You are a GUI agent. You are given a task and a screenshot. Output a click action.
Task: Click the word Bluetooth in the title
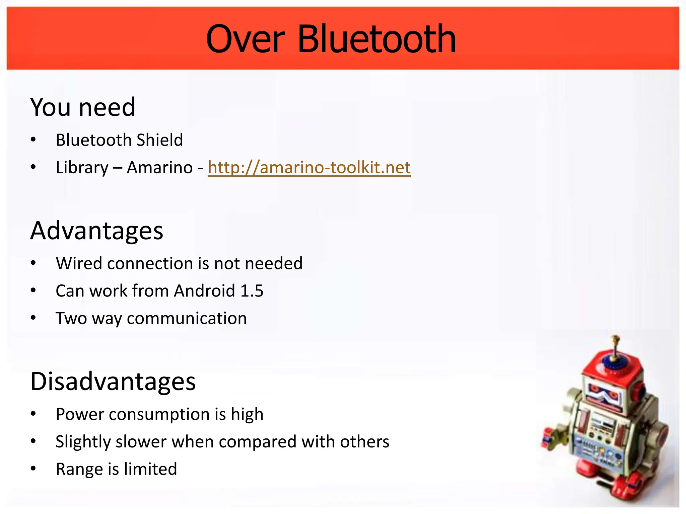pos(376,39)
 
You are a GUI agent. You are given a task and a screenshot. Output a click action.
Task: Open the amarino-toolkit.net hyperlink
pos(309,167)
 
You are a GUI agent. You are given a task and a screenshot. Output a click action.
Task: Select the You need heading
pos(83,107)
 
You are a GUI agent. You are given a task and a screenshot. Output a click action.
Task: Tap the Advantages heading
pos(96,231)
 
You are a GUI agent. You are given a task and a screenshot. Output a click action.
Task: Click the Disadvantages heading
pos(113,381)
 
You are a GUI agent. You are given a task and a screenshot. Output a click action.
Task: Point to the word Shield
pos(160,140)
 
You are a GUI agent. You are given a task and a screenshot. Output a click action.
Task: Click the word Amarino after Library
pos(159,167)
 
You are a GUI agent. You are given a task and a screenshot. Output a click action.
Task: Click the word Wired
pos(79,263)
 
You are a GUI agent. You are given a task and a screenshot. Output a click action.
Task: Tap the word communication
pos(187,318)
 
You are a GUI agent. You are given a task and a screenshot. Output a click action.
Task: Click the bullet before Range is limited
pos(33,469)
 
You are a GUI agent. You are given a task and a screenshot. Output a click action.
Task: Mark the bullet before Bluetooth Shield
pos(33,140)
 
